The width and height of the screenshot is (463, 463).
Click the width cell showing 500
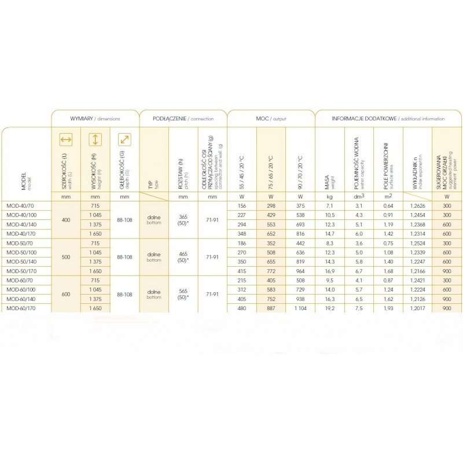tap(65, 257)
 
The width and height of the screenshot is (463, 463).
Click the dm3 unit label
tap(359, 197)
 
